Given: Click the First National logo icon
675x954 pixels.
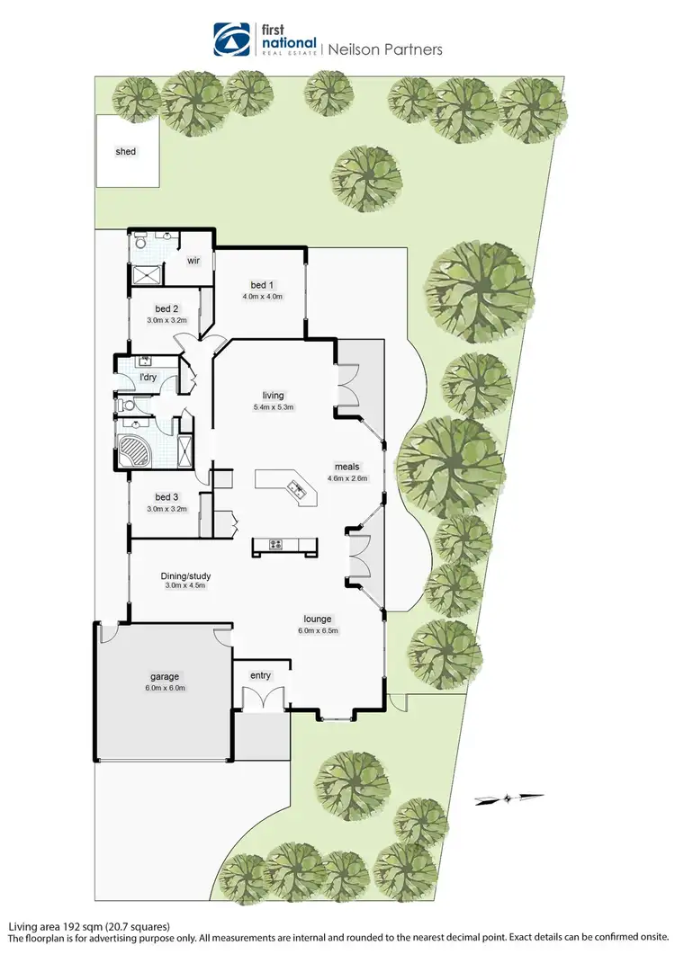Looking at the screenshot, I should click(231, 40).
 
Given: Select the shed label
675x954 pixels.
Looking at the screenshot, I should click(126, 152).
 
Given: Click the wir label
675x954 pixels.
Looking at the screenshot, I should click(193, 262).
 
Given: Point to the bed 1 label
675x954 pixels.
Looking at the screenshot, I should click(262, 285).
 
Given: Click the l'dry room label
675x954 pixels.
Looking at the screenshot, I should click(148, 378).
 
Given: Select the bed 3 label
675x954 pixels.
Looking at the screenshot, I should click(166, 497).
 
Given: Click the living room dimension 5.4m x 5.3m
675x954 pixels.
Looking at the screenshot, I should click(273, 407).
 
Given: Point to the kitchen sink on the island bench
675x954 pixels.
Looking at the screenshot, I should click(294, 489).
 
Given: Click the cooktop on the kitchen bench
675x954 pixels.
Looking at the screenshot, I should click(274, 544).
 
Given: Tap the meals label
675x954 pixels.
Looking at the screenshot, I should click(347, 467).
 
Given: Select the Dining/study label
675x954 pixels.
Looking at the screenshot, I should click(185, 575).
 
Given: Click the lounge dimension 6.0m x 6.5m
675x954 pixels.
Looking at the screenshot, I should click(317, 630).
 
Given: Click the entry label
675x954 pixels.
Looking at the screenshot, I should click(260, 675).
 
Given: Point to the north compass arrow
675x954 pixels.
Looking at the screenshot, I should click(510, 798).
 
